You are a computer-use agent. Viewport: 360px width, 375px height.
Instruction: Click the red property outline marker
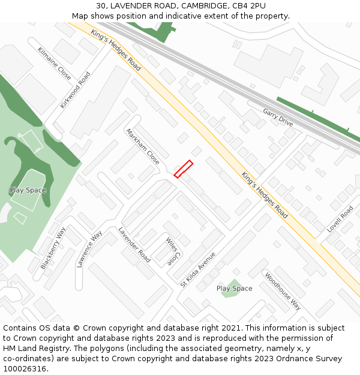point(183,169)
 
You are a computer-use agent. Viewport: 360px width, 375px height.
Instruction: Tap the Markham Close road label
point(143,146)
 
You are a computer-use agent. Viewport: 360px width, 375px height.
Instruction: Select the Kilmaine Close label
point(54,64)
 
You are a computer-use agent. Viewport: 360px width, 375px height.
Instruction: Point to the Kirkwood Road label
point(75,90)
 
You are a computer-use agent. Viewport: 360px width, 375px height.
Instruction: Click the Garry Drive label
point(278,117)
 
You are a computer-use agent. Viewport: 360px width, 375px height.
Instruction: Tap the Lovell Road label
point(340,220)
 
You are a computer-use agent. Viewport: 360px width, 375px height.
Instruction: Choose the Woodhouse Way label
point(283,290)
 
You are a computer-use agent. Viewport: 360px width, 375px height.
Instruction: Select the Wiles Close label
point(173,251)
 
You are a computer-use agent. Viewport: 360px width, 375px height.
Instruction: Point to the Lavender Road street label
point(134,244)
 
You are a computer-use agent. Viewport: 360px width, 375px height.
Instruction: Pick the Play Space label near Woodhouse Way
point(234,289)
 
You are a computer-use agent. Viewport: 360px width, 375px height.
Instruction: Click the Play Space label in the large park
point(28,190)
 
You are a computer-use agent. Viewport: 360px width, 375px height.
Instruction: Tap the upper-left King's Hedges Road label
point(116,49)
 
